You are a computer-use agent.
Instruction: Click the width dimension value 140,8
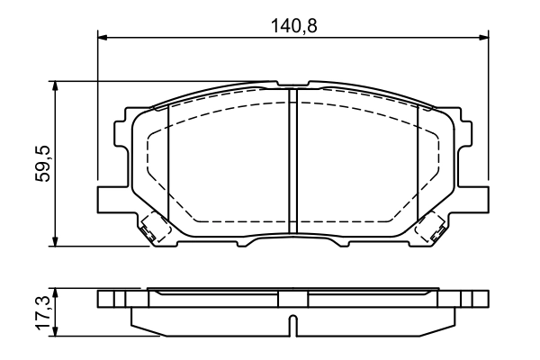tap(294, 26)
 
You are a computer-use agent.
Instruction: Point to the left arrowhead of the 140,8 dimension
tap(102, 37)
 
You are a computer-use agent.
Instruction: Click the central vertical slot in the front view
tap(292, 162)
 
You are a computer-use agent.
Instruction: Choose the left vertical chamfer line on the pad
tap(168, 162)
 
